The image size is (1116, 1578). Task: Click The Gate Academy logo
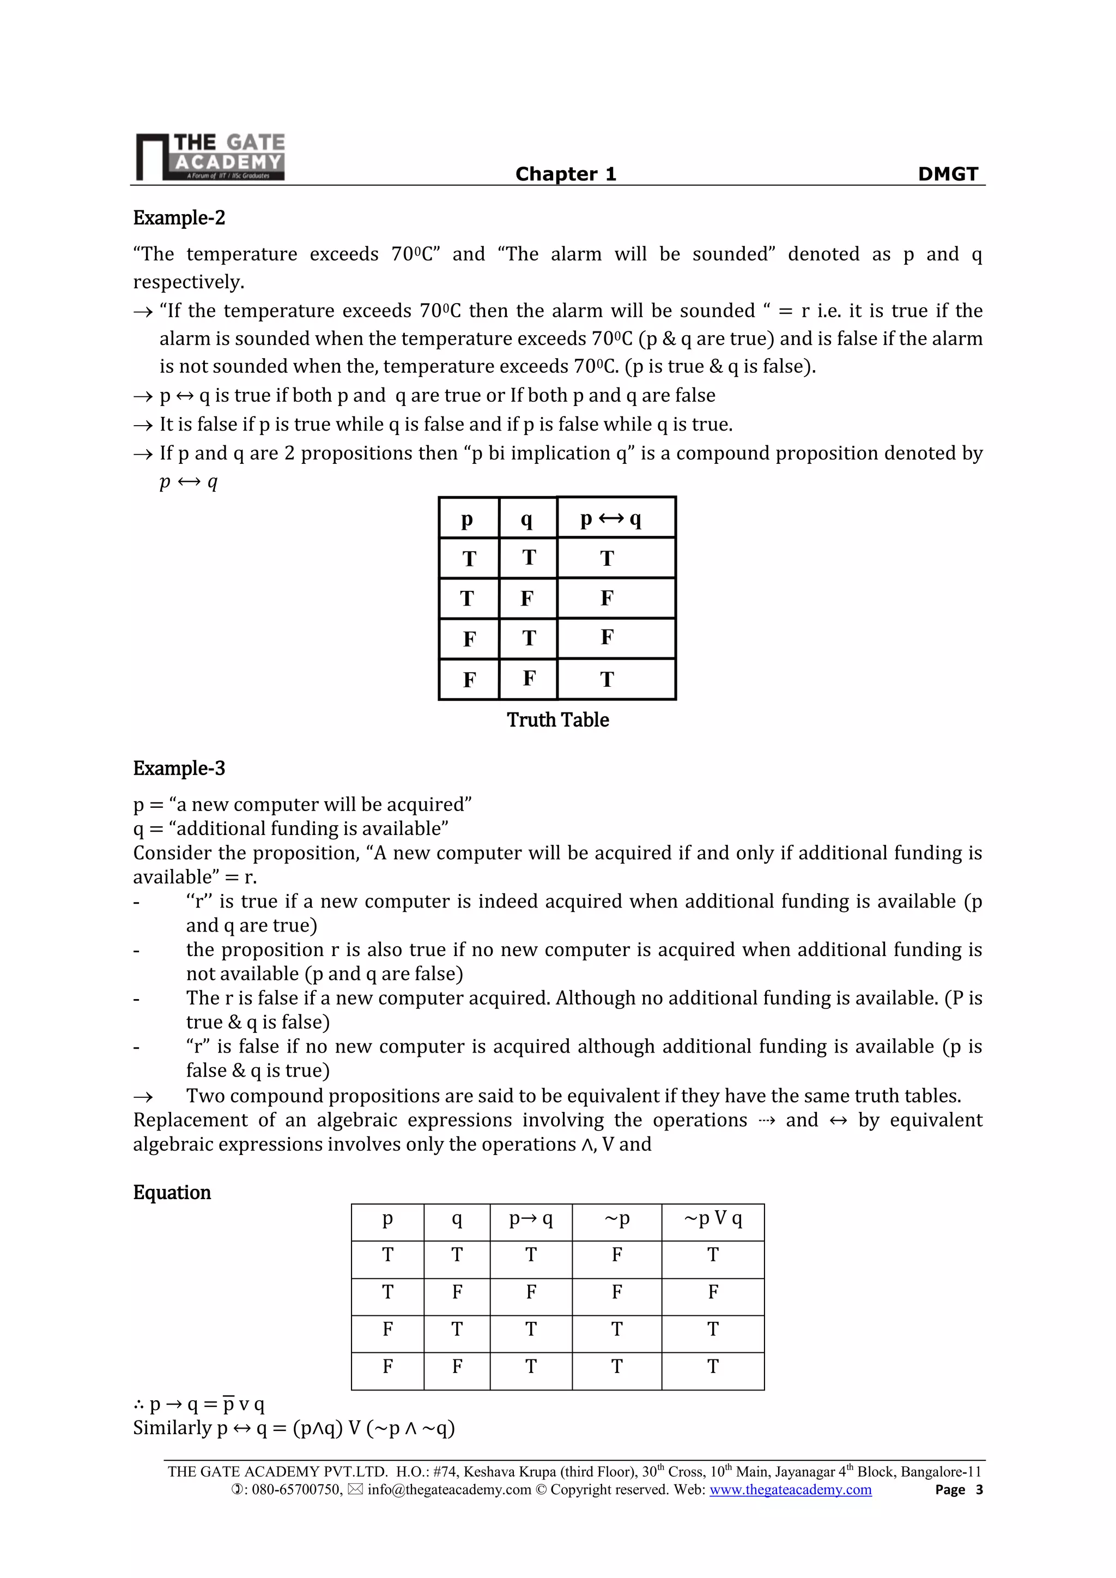210,156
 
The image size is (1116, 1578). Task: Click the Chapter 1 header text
566,174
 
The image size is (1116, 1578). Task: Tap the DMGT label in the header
948,174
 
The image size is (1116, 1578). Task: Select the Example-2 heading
179,218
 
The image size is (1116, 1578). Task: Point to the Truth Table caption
557,720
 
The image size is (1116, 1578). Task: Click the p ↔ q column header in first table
610,519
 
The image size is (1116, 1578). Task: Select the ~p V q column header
713,1219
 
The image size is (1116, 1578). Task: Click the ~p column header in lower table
616,1219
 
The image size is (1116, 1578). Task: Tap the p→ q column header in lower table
531,1219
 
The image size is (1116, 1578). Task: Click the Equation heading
172,1193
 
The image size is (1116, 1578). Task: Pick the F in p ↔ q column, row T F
607,598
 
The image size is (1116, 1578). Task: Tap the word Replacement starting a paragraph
190,1120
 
